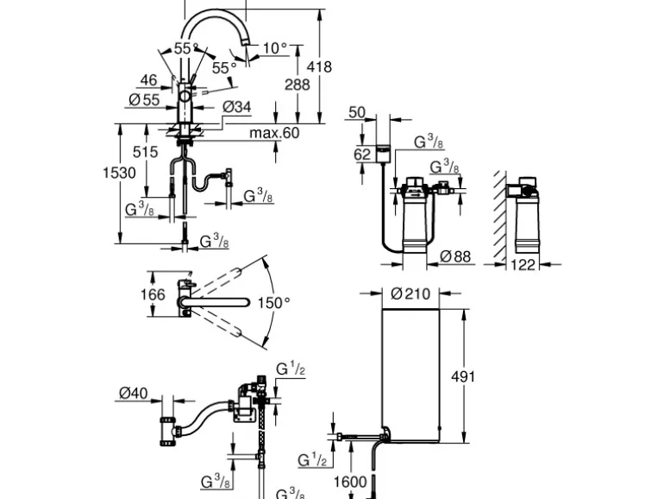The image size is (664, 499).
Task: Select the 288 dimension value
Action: (x=298, y=85)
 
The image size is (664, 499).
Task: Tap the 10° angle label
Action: (x=275, y=48)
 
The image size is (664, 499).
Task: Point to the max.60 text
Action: (x=274, y=133)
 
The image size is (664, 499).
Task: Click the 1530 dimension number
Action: (x=120, y=173)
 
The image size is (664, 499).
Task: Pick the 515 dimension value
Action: (x=146, y=152)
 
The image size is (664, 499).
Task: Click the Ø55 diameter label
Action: (x=144, y=100)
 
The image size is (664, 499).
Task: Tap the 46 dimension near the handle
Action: (x=148, y=80)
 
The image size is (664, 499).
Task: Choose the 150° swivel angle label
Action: (x=274, y=302)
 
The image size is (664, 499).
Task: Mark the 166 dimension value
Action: (x=153, y=296)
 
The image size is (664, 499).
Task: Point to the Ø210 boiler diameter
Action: (x=410, y=294)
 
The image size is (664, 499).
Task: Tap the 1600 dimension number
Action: (x=350, y=482)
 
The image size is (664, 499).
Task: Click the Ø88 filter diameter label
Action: (x=456, y=256)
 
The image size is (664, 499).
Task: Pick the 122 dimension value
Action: (x=523, y=265)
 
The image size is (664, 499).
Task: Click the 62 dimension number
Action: (x=362, y=155)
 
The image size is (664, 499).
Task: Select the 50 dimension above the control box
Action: (x=357, y=112)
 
